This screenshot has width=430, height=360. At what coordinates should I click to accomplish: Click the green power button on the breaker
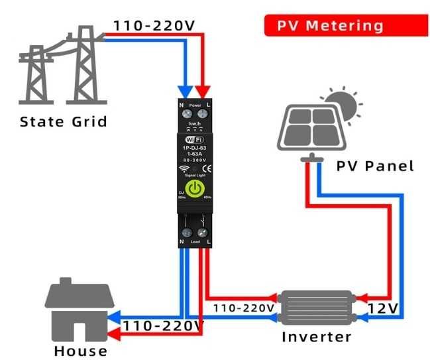(195, 189)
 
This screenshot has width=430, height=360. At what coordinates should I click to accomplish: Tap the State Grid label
(63, 122)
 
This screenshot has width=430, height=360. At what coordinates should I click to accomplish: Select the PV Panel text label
(375, 165)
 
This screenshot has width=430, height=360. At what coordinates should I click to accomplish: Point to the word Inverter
(316, 336)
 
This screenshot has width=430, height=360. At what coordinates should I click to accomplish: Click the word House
(81, 350)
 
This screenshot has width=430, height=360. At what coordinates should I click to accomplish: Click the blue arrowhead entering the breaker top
(186, 91)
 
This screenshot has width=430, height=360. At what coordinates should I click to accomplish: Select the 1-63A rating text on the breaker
(195, 154)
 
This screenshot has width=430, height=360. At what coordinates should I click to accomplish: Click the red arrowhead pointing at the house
(113, 326)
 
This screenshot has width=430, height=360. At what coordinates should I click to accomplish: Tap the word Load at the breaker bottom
(195, 244)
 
